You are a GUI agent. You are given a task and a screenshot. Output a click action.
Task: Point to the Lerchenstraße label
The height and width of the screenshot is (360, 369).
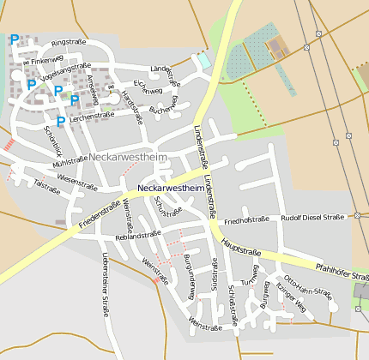pos(92,116)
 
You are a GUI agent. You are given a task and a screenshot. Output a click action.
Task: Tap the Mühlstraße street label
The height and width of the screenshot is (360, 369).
pos(70,160)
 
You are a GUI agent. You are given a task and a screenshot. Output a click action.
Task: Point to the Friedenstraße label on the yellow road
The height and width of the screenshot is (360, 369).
pos(100,214)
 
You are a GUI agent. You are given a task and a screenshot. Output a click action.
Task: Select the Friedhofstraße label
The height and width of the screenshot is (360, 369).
pos(246,220)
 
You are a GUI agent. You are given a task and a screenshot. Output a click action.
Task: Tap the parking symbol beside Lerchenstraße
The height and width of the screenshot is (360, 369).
pos(60,122)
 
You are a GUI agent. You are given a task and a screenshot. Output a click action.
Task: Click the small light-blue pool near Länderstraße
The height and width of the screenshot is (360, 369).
pos(203,62)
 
